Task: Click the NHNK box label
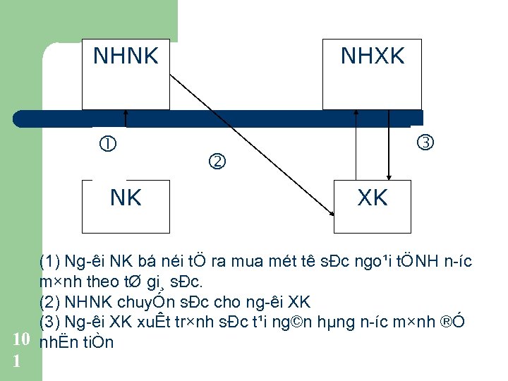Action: point(126,56)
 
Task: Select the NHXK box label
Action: point(373,56)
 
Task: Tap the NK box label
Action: point(126,198)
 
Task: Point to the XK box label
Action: point(373,198)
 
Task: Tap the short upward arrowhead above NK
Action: point(126,112)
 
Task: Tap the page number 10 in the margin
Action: point(21,341)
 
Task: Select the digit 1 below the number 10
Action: point(17,361)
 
